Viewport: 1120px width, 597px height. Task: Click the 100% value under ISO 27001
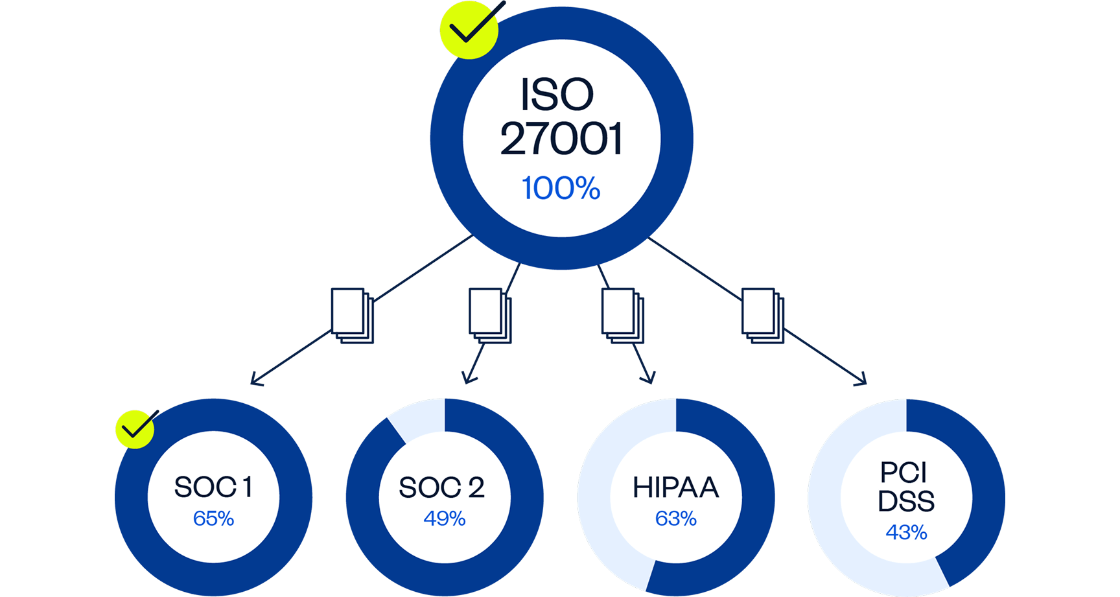[x=561, y=188]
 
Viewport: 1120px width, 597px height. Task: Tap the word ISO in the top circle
[x=557, y=95]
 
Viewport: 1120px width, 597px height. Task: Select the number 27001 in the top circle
[x=561, y=139]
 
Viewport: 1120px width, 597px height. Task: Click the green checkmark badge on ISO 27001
[x=469, y=29]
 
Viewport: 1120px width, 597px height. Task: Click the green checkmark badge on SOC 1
[x=135, y=428]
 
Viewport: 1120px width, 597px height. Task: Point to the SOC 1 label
[x=213, y=487]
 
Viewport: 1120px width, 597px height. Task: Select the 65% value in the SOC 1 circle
[x=213, y=519]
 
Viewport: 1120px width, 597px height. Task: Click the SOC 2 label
[x=441, y=487]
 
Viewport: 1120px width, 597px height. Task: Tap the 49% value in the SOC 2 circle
[x=444, y=519]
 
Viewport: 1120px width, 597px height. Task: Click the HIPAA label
[x=675, y=487]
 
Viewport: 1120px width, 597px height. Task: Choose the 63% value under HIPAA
[x=675, y=519]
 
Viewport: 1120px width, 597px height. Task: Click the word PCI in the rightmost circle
[x=904, y=473]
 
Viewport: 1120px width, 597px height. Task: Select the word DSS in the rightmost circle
[x=906, y=501]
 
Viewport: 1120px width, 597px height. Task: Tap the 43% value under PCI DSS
[x=906, y=532]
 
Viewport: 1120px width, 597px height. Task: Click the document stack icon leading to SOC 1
[x=352, y=315]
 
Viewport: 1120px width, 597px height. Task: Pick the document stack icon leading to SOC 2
[x=489, y=315]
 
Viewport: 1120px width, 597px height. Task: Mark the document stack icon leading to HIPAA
[x=622, y=315]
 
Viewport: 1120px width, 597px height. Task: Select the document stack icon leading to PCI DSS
[x=762, y=315]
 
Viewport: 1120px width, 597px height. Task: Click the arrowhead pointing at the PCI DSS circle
[x=863, y=381]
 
